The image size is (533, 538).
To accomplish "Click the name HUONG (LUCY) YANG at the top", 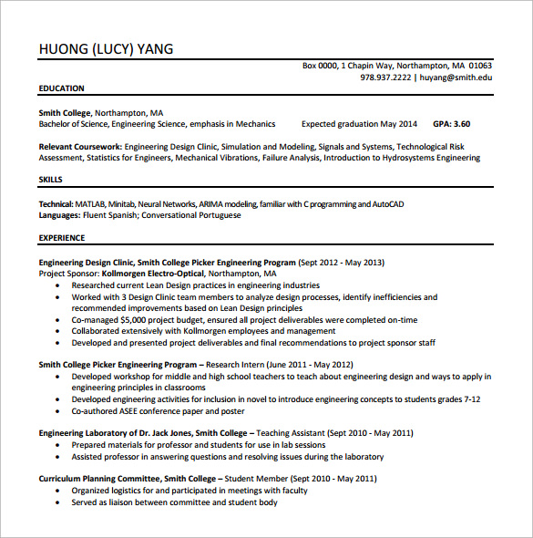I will pos(106,49).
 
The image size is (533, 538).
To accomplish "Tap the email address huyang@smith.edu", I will pos(456,78).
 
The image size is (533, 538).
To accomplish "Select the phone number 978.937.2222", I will pos(385,78).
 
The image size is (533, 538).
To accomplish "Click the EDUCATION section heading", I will pos(61,88).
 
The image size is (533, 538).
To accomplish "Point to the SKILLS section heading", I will pos(51,180).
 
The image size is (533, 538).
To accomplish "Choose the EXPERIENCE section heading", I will pos(61,238).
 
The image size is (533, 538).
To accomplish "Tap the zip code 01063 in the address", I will pos(480,66).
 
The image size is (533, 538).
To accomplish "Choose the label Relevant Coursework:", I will pos(80,146).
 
